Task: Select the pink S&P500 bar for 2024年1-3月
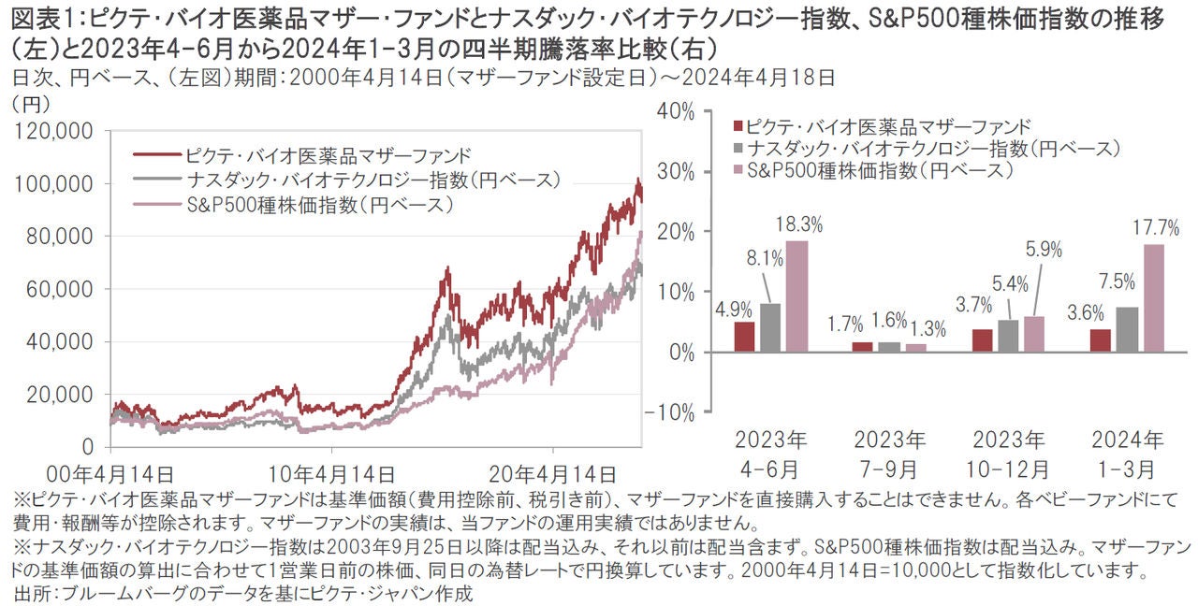(x=1154, y=297)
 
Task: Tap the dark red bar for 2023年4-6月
(x=744, y=337)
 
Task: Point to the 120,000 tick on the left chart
(x=54, y=133)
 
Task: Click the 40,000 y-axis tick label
(x=60, y=342)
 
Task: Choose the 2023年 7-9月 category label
(x=890, y=453)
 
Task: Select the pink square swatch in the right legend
(x=738, y=170)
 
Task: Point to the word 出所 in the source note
(x=34, y=593)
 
